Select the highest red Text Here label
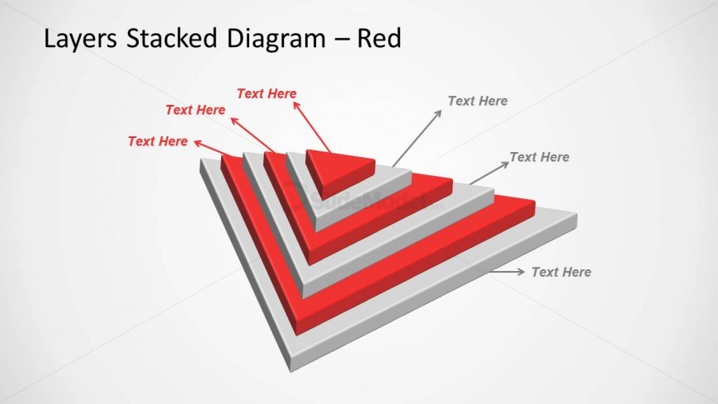[x=267, y=93]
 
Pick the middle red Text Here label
[x=195, y=109]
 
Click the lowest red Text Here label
[x=158, y=141]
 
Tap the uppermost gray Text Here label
[x=477, y=101]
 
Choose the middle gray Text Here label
[x=539, y=156]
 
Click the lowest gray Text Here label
[x=560, y=271]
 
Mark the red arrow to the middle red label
[x=252, y=134]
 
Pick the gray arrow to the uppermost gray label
[x=417, y=138]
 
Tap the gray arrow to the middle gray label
[x=489, y=173]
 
